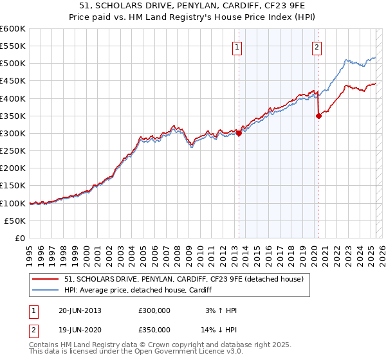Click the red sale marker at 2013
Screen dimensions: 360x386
click(239, 134)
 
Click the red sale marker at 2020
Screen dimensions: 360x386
click(318, 116)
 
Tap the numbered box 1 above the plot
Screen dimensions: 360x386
click(238, 46)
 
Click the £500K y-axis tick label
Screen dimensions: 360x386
click(13, 64)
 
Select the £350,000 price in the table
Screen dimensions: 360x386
click(154, 330)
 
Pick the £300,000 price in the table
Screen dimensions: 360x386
click(154, 310)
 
